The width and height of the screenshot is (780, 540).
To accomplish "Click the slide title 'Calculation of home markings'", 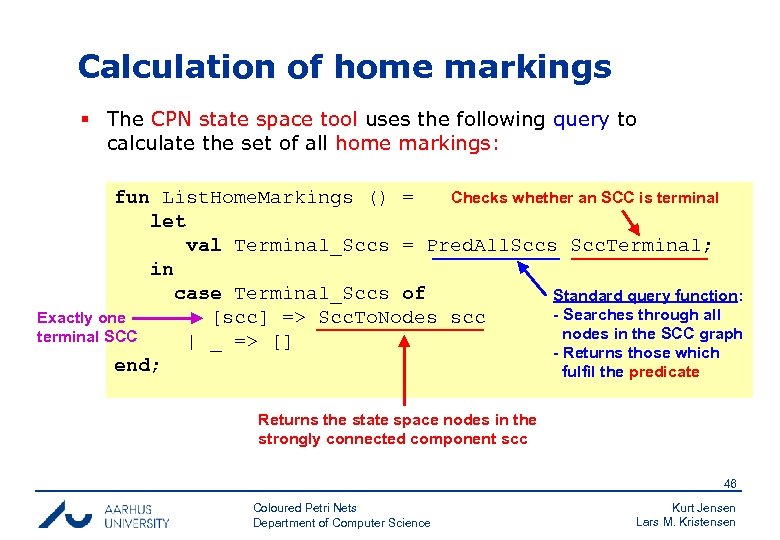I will click(344, 67).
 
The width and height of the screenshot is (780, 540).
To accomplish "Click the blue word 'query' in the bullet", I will click(580, 119).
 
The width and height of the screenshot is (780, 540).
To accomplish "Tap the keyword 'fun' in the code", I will click(132, 197).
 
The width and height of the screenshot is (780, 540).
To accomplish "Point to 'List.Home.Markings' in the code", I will click(257, 197).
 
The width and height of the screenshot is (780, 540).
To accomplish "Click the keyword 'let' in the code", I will click(168, 221).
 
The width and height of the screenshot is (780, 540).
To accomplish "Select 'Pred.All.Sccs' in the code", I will click(492, 245).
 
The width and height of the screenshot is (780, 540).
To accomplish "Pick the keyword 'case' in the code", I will click(197, 293).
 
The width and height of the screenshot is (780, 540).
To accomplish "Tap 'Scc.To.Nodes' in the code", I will click(377, 318).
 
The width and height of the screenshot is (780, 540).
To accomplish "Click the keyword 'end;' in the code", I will click(137, 365).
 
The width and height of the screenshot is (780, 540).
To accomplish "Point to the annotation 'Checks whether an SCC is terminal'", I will click(584, 197).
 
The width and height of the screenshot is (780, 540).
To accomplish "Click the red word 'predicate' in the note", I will click(664, 372).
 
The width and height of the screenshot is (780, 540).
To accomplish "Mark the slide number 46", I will click(730, 483).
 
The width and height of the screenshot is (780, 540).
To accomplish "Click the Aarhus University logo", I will click(104, 514).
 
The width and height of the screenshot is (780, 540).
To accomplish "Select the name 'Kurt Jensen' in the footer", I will click(703, 508).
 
